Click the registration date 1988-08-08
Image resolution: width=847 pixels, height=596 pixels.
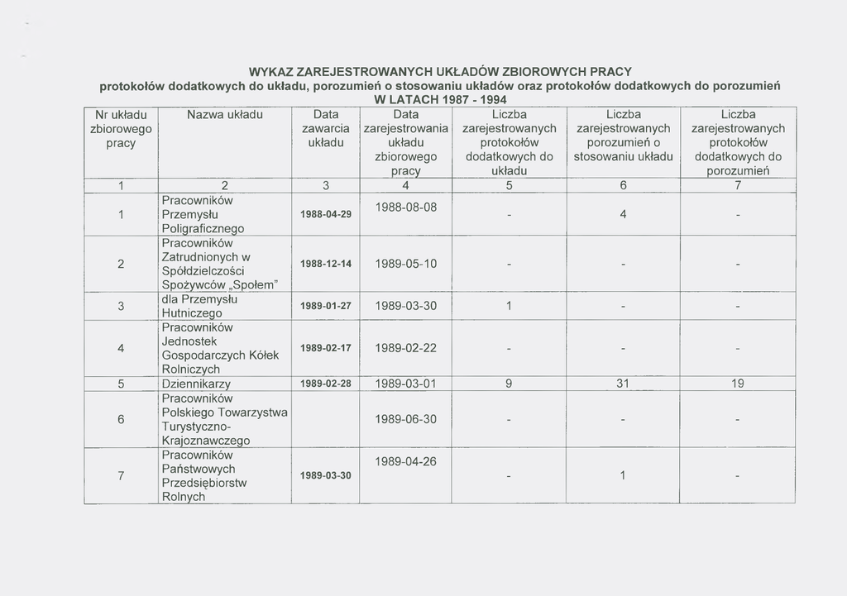[x=405, y=207]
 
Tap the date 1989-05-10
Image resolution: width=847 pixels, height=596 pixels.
[x=405, y=264]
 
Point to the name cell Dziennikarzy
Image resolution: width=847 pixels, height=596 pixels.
[x=195, y=384]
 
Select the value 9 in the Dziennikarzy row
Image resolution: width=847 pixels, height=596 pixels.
[x=509, y=384]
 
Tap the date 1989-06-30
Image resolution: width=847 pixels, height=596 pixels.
[x=405, y=419]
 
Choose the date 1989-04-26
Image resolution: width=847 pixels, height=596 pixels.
[x=405, y=461]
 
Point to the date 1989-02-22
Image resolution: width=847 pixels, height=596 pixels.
[x=405, y=348]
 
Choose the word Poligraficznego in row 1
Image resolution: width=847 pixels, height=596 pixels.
[x=203, y=228]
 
